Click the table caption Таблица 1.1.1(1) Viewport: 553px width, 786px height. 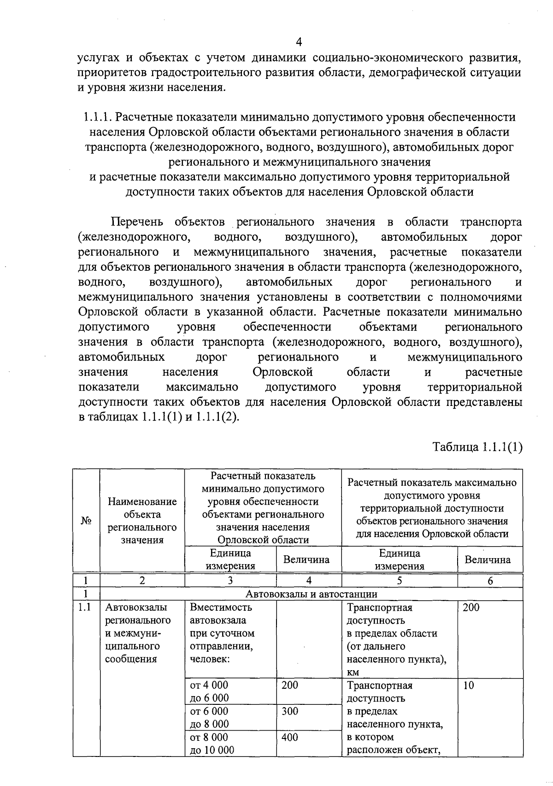(477, 447)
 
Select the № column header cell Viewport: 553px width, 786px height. (86, 521)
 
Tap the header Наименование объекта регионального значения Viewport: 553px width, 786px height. (142, 521)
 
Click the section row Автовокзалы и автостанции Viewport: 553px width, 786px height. (311, 594)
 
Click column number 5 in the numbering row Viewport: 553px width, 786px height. (399, 581)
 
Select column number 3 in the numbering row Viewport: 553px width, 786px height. (230, 581)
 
